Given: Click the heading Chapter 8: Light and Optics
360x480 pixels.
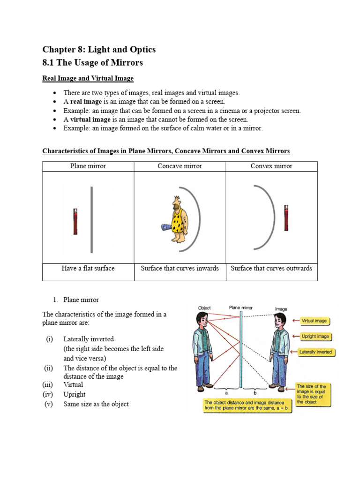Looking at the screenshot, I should [x=99, y=49].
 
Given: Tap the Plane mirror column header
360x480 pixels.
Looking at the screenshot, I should [x=88, y=166].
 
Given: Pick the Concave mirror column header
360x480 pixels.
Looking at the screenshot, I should [x=180, y=166].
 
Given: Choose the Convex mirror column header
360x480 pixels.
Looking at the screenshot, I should [x=272, y=166].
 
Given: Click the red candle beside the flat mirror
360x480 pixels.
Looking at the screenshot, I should [x=75, y=222].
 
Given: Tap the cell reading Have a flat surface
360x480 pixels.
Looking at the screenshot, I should [x=88, y=269].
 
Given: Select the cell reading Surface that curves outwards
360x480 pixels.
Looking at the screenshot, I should [x=272, y=269].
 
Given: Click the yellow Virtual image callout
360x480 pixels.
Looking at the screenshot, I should [x=315, y=321].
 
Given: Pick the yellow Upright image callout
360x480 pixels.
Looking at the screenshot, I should [x=315, y=336].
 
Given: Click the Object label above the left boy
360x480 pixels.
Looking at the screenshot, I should [x=204, y=308].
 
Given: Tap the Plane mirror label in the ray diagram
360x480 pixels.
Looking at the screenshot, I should [x=241, y=307].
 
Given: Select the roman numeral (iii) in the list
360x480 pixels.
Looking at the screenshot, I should [x=49, y=385].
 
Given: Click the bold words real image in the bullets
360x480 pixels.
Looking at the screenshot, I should [x=86, y=101].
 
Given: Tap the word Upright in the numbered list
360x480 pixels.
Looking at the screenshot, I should [x=75, y=394].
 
